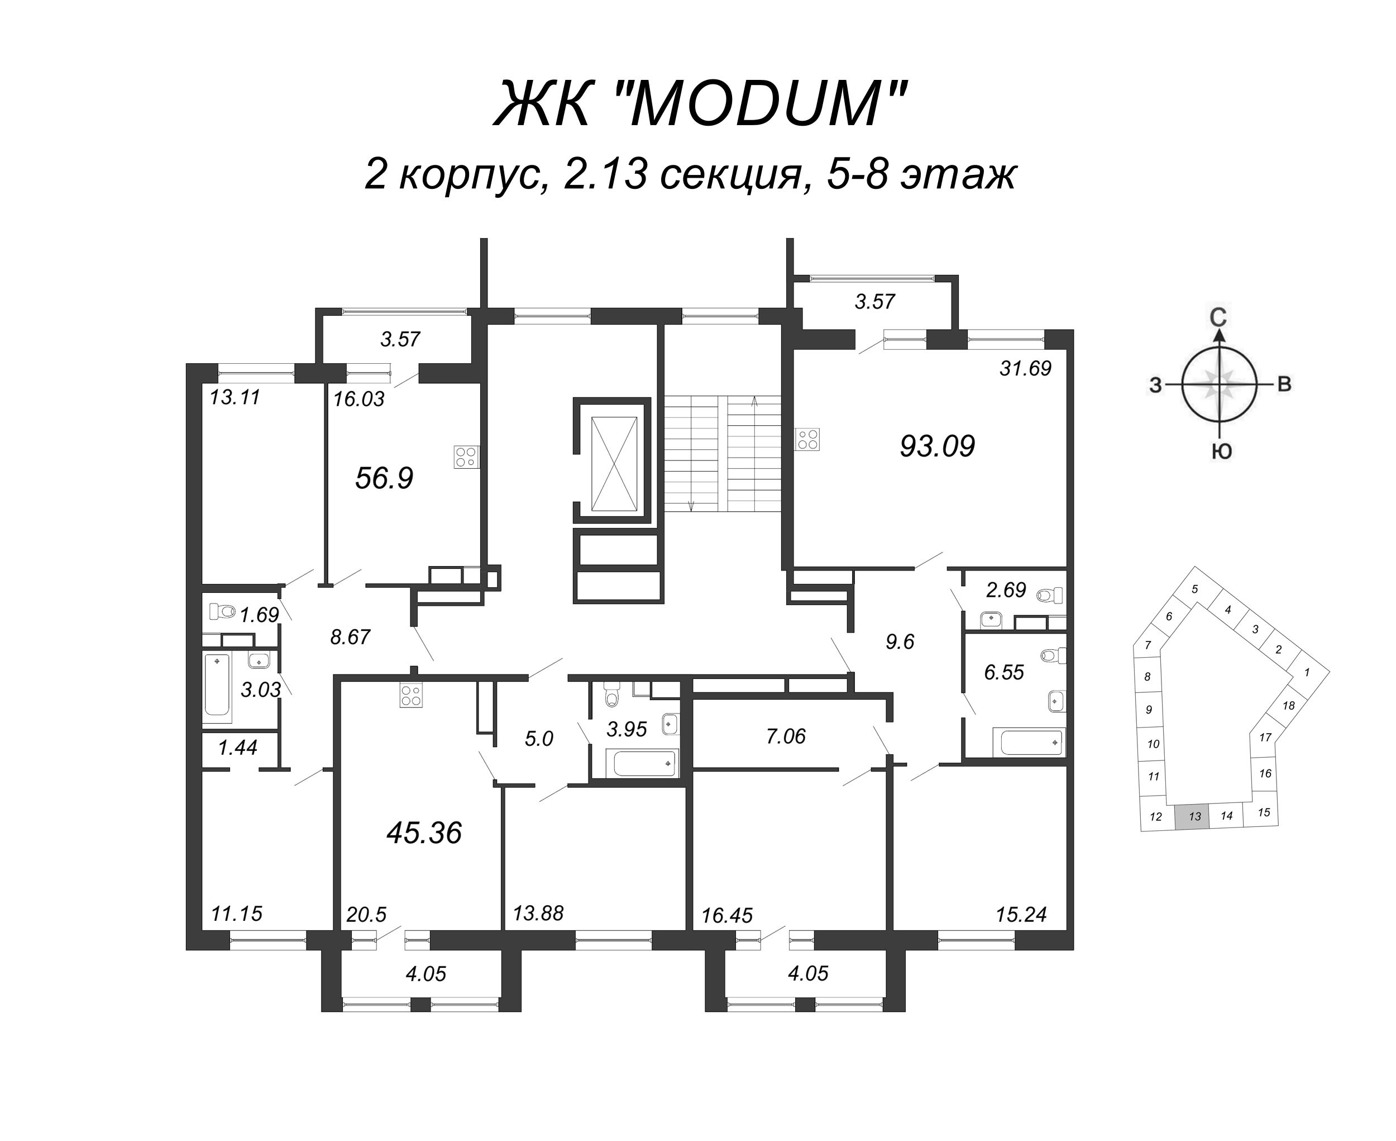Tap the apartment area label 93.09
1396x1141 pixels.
pos(937,446)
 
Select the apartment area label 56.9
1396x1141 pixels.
pos(384,478)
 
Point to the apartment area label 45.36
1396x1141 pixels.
pos(424,833)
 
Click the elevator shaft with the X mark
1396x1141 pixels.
pos(614,463)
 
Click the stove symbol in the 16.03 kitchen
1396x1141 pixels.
pos(466,457)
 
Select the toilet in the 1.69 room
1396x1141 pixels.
pos(222,611)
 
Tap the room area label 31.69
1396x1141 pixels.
pos(1025,368)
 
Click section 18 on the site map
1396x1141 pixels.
pos(1288,705)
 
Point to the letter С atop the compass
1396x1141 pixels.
pos(1218,317)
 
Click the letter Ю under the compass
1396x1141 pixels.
pos(1221,451)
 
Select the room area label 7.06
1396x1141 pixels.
pos(785,736)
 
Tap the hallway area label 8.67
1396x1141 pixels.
pos(350,637)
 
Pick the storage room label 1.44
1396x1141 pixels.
pos(237,747)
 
